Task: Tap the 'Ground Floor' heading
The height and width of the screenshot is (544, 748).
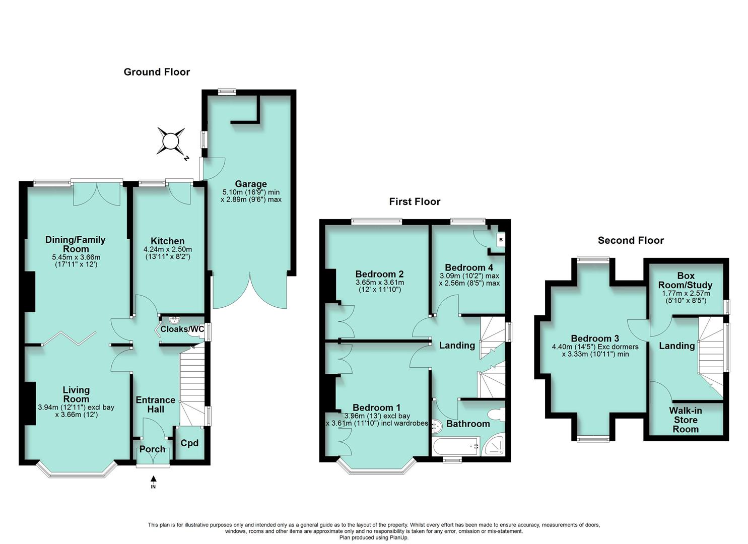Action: click(157, 72)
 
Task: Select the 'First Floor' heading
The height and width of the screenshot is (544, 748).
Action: click(415, 201)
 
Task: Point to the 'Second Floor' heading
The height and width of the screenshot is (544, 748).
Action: click(631, 240)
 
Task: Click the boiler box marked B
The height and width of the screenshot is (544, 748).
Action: click(501, 239)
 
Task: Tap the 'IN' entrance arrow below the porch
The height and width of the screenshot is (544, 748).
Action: click(153, 482)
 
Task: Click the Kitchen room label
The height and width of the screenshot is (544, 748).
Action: click(168, 241)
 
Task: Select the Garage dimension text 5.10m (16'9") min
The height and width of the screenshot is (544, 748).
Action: click(251, 192)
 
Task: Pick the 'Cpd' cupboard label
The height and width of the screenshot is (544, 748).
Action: click(189, 443)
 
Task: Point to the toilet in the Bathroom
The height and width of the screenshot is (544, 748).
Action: click(497, 415)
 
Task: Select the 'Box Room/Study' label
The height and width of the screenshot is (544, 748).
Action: click(686, 280)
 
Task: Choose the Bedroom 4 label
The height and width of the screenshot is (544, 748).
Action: click(469, 267)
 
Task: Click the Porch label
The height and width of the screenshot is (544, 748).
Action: click(152, 449)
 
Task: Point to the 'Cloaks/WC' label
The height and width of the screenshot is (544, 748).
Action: click(182, 329)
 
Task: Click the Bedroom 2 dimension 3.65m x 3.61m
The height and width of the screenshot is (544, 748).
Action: click(380, 283)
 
